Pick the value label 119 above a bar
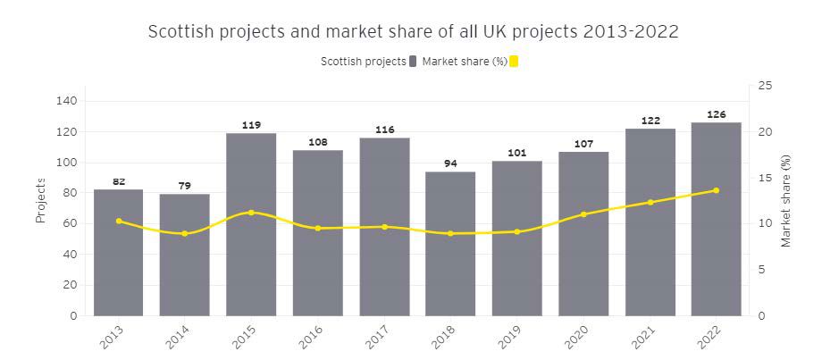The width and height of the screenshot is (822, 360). pos(251,125)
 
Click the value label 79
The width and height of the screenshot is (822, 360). pos(185,186)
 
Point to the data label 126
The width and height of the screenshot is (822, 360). pos(716,114)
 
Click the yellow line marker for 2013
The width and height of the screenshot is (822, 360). pos(119,221)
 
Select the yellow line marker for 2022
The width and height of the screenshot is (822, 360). pos(716,190)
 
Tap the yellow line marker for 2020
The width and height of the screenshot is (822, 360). pos(583,214)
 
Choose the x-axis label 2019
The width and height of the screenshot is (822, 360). pos(510,338)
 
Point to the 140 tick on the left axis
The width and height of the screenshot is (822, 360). pos(68,101)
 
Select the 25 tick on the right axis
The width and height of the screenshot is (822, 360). pos(764,86)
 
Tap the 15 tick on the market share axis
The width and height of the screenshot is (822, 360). pos(764,178)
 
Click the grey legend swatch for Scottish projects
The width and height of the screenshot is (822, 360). pos(413,61)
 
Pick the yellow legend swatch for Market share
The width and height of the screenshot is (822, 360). pos(514,61)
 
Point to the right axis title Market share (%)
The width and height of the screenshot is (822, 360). pos(786,200)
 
